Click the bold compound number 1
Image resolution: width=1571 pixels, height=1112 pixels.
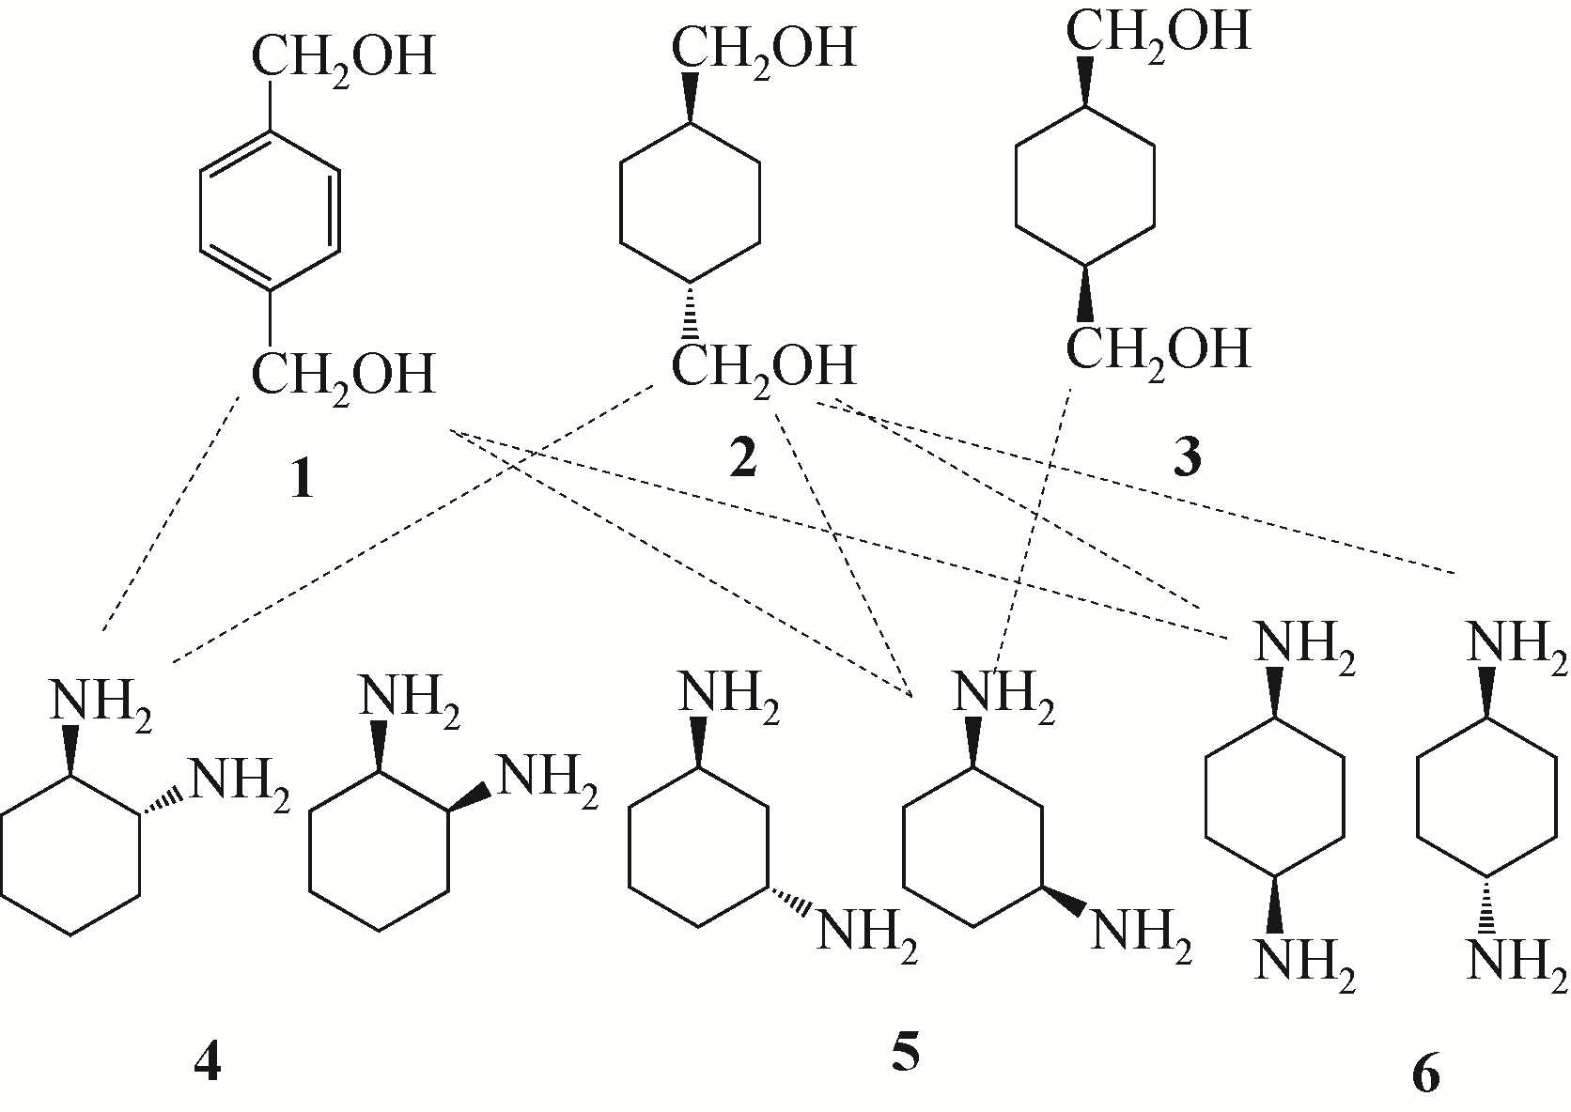point(301,480)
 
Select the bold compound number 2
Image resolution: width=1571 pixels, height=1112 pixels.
point(742,458)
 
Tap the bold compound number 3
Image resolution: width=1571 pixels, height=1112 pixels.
point(1188,459)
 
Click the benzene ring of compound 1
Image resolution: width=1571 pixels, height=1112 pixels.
point(270,210)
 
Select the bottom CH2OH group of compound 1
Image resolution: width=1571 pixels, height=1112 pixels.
point(342,374)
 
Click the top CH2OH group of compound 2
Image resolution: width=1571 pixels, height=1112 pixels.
point(763,47)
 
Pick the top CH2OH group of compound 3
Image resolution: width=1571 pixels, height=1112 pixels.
point(1158,31)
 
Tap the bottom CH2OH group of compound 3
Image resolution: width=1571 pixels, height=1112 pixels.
point(1158,347)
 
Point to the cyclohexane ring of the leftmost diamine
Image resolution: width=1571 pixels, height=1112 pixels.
point(72,854)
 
